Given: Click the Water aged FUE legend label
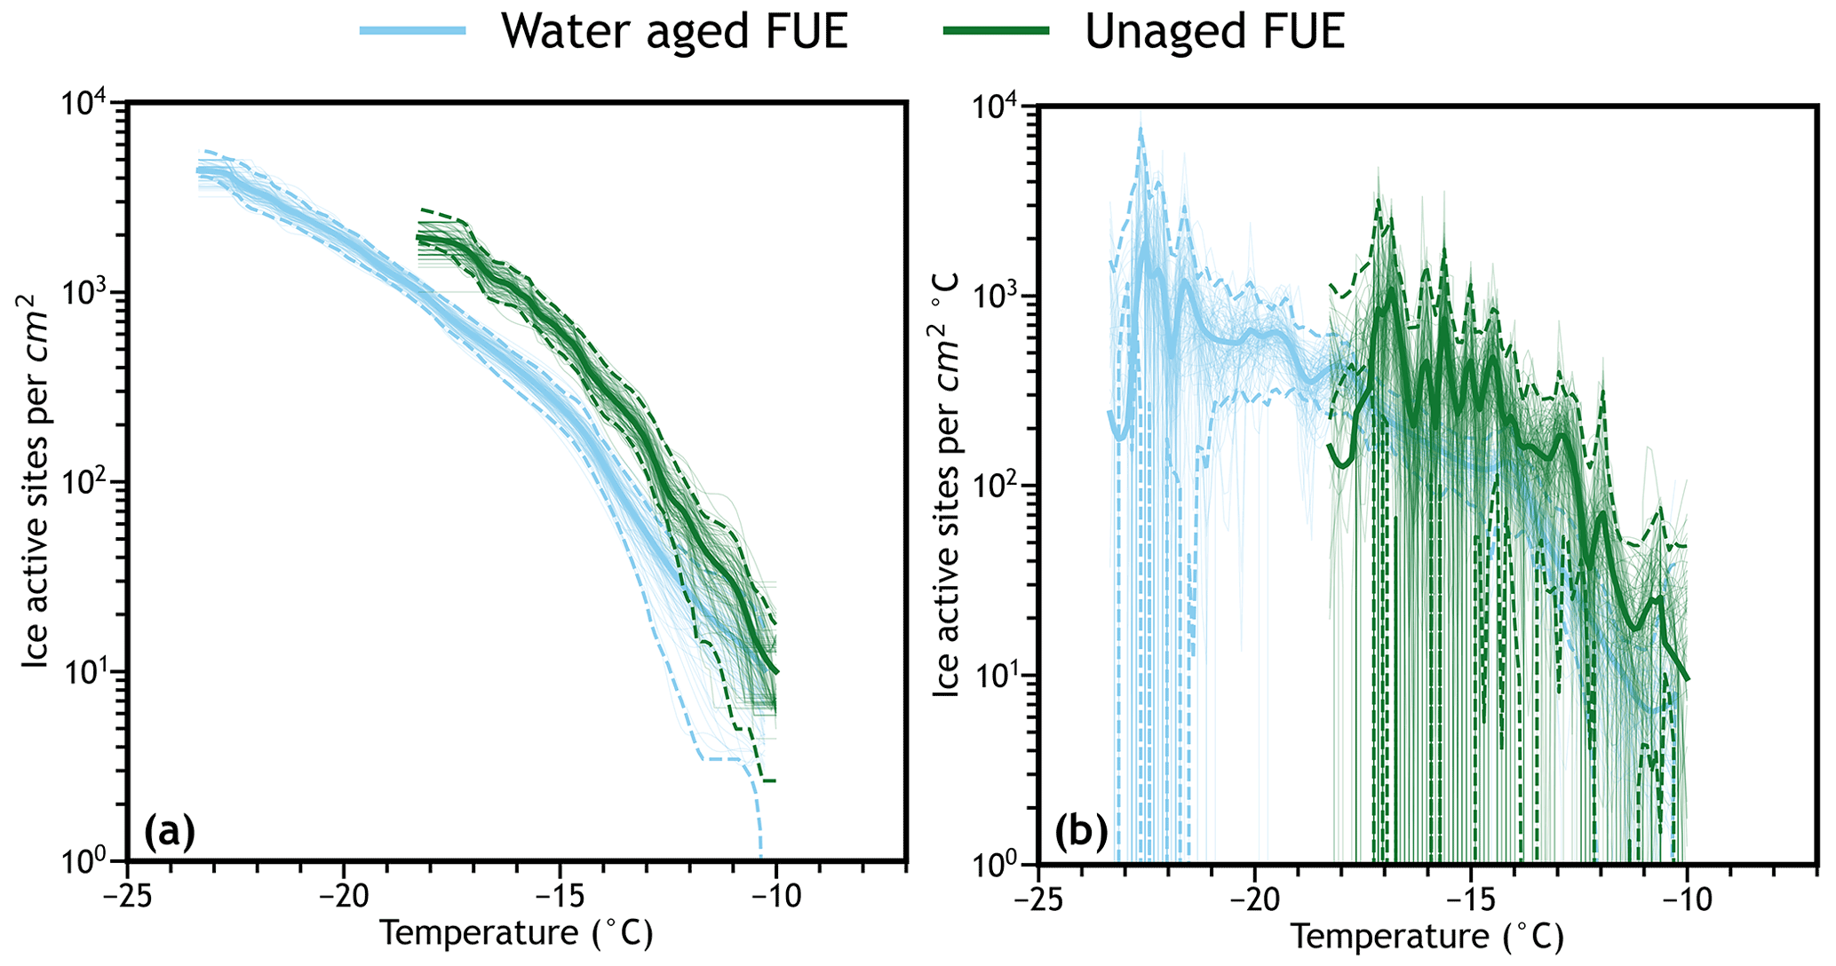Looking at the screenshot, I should point(674,31).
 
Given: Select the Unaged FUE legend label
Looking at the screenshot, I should point(1214,31).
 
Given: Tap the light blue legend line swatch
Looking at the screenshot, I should point(413,31).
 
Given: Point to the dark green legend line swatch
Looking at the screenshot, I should point(996,31).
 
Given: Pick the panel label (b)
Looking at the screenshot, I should point(1080,833).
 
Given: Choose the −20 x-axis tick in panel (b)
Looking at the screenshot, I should point(1253,899).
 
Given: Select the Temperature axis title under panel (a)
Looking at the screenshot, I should point(516,933).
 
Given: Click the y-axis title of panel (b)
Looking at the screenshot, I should point(947,484).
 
